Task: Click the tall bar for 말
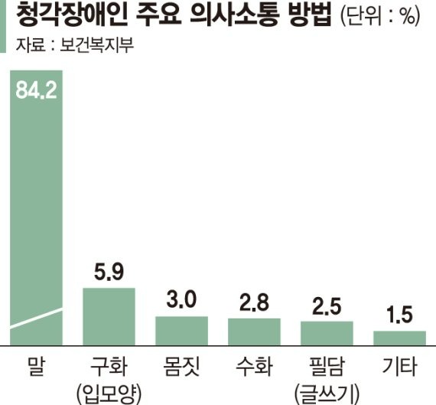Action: click(x=37, y=207)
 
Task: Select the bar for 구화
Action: click(x=109, y=316)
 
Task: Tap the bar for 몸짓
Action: click(x=181, y=331)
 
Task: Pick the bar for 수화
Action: click(x=254, y=332)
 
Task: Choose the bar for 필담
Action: click(x=327, y=333)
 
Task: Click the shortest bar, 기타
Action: click(x=399, y=338)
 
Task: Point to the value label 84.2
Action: click(x=37, y=90)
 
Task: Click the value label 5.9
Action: click(x=109, y=271)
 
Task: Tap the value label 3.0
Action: click(x=181, y=299)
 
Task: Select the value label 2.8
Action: click(x=254, y=302)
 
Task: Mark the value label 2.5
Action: click(x=327, y=306)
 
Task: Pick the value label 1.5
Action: click(x=400, y=315)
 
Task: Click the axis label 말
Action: click(x=37, y=366)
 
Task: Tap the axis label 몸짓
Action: click(x=181, y=366)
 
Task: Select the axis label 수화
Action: click(x=254, y=366)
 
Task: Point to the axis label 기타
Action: click(x=400, y=366)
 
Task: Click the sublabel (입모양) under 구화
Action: click(x=109, y=394)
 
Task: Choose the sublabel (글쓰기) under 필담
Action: click(x=327, y=394)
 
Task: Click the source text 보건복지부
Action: click(x=97, y=44)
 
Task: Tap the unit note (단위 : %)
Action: click(x=380, y=17)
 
